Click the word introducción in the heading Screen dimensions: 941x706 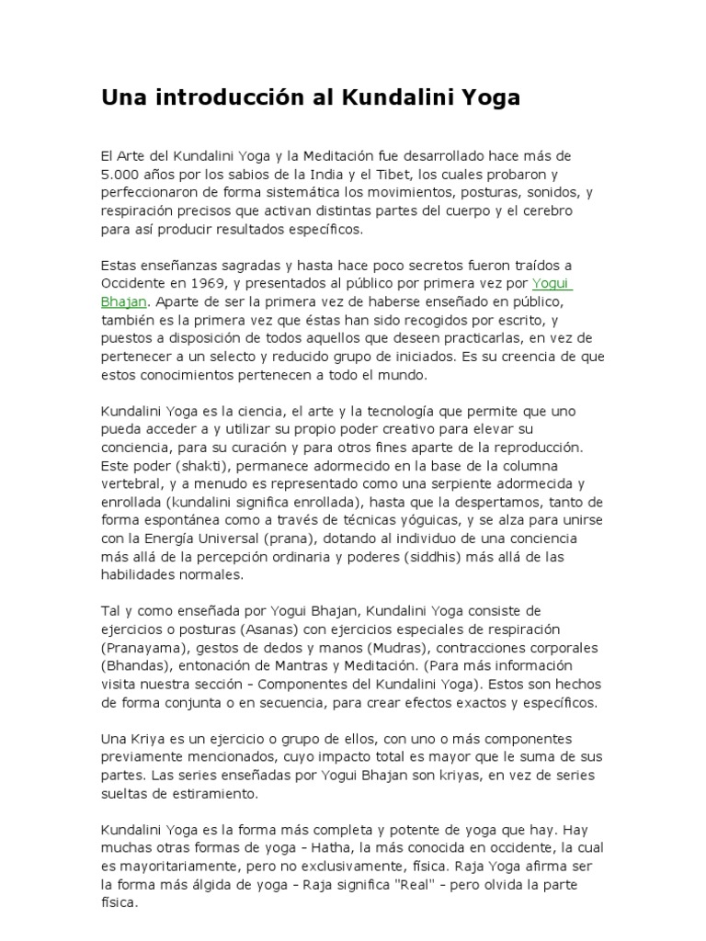(208, 97)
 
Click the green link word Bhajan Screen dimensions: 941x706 (122, 300)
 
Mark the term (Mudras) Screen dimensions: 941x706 (374, 646)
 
